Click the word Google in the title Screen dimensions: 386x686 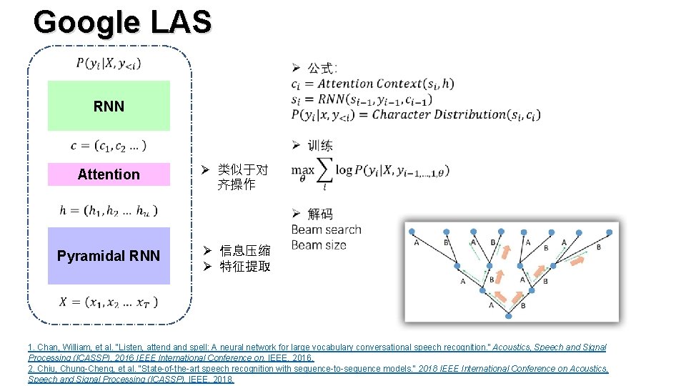point(86,22)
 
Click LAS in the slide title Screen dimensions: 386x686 point(181,22)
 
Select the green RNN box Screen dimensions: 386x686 point(109,106)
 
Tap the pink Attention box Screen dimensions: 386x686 point(109,174)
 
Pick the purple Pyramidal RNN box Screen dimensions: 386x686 point(109,256)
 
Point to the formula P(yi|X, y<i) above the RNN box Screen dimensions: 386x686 point(109,64)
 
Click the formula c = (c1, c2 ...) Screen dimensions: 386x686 point(109,146)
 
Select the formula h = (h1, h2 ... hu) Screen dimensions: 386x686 point(109,210)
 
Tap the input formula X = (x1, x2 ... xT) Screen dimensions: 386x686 point(109,302)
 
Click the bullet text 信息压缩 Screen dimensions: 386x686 point(244,251)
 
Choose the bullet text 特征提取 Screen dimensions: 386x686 point(244,267)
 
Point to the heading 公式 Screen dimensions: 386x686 point(322,69)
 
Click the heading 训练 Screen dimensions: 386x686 point(320,146)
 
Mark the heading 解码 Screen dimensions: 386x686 point(320,214)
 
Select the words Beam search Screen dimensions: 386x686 point(326,229)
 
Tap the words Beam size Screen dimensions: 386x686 point(319,245)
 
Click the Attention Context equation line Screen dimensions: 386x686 point(372,84)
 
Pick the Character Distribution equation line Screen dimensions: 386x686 point(415,114)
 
